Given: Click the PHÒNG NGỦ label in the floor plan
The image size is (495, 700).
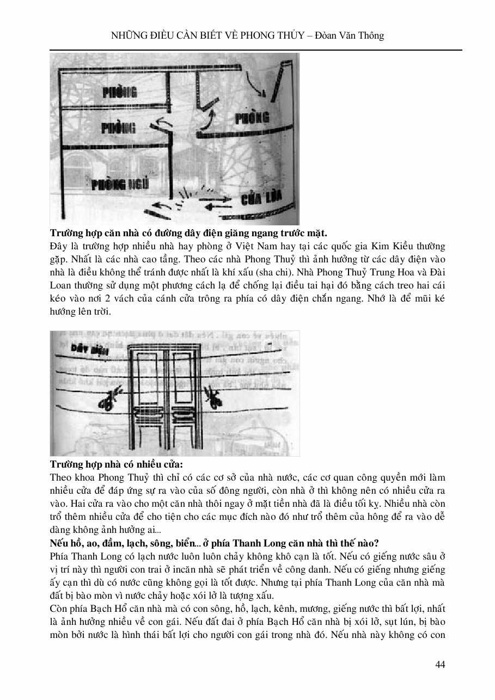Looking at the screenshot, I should click(x=115, y=185).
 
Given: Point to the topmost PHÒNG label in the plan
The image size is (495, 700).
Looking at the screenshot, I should click(x=120, y=92).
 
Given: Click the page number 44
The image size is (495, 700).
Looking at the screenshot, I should click(x=441, y=665).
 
